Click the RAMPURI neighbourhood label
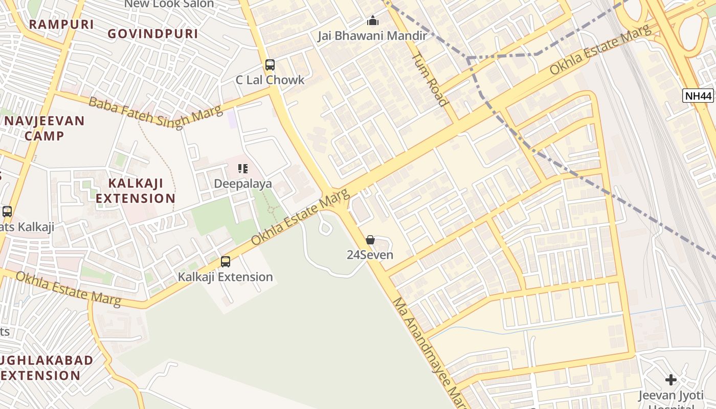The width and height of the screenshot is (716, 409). coord(61,24)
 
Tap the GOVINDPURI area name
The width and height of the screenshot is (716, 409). coord(152,34)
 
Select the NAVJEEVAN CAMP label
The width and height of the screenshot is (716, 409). coord(44,128)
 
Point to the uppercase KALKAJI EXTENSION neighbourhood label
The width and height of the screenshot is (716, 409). coord(136,191)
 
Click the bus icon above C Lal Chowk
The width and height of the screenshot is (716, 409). coord(270,65)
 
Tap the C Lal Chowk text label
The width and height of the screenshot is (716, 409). coord(270,80)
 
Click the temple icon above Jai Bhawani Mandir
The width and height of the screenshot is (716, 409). coord(373,21)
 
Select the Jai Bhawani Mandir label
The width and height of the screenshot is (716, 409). coord(372,36)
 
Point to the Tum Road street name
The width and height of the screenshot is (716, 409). coord(430,79)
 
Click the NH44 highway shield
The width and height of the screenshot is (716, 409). coord(698,95)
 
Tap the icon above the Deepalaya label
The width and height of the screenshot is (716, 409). coord(243,168)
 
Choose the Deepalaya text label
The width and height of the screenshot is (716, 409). coord(243,183)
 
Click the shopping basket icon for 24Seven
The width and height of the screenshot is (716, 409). coord(370,240)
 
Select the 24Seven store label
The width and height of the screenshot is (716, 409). coord(370,255)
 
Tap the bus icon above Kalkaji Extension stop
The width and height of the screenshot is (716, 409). coord(225,262)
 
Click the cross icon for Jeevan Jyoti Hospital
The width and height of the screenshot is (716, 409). coord(670,380)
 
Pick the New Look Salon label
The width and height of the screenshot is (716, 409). coord(169,4)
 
